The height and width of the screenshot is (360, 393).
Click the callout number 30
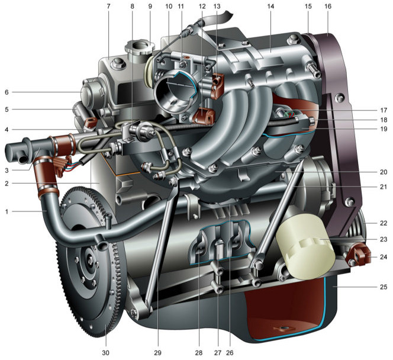click(106, 353)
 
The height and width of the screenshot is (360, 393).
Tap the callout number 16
click(328, 7)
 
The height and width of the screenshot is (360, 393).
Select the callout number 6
click(7, 92)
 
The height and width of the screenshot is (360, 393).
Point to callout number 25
click(384, 287)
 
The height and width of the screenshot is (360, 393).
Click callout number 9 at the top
click(150, 7)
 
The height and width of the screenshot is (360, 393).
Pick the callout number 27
click(218, 353)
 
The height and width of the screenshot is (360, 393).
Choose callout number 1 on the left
click(7, 211)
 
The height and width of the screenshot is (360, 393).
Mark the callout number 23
click(384, 239)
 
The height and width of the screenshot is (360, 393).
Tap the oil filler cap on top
click(140, 50)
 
